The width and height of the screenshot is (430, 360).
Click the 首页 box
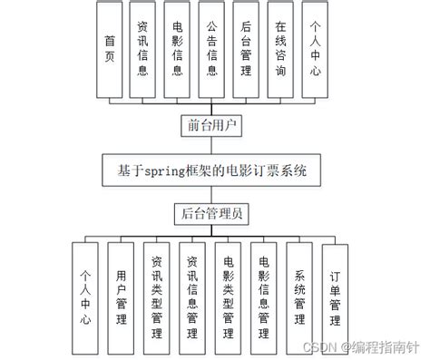109,50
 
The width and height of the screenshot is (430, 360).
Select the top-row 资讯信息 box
142,50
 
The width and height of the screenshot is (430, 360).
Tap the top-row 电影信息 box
178,50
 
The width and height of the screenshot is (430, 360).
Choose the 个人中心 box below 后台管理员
86,296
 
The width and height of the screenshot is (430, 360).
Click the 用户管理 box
122,296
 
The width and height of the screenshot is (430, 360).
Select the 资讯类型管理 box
156,296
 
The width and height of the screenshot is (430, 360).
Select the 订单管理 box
335,296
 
